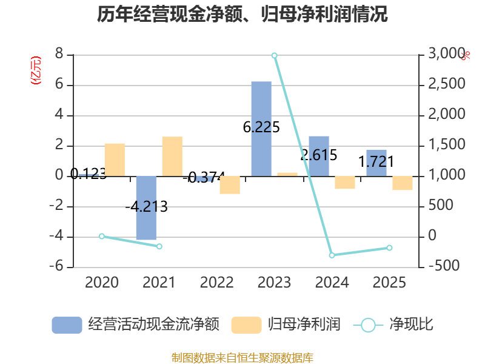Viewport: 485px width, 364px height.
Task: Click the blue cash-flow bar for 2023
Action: [261, 129]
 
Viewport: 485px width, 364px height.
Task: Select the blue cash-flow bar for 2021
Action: [146, 207]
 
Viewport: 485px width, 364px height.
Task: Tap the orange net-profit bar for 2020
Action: [115, 160]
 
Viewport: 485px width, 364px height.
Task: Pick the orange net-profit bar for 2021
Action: [172, 156]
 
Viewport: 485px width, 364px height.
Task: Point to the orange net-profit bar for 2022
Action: [230, 185]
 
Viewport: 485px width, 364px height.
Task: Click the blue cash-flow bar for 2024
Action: [319, 156]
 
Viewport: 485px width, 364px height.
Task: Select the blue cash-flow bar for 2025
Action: [376, 163]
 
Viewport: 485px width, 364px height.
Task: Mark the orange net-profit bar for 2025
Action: [403, 183]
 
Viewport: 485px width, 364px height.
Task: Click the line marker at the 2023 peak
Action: [275, 55]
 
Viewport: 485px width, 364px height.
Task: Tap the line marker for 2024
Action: [332, 255]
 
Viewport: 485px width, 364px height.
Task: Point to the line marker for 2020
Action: [102, 236]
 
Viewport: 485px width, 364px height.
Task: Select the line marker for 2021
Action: [159, 246]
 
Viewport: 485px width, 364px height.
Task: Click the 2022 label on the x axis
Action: [217, 283]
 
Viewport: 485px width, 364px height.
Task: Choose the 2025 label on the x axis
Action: [389, 283]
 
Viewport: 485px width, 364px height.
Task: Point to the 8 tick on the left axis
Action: [59, 54]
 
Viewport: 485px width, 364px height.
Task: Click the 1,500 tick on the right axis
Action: [446, 145]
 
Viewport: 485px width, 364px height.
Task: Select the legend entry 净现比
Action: [393, 325]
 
